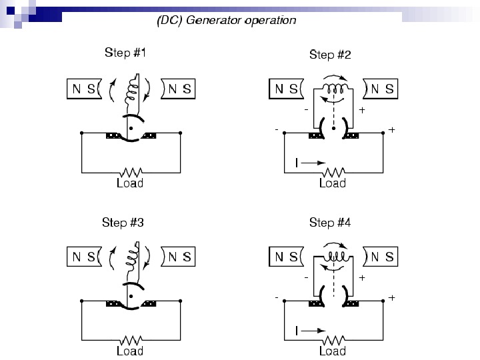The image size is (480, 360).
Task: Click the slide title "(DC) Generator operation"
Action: click(226, 20)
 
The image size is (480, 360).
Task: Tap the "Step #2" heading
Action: click(330, 55)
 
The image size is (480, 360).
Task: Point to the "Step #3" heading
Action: click(124, 222)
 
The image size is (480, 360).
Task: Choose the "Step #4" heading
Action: click(330, 222)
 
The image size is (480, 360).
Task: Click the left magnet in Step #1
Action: click(84, 89)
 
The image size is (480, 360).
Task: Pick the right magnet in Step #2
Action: click(381, 89)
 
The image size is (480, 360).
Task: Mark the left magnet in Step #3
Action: click(84, 256)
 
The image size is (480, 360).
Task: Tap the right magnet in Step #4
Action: click(381, 256)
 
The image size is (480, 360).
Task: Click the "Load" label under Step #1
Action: click(130, 183)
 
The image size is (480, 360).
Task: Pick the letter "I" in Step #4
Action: click(296, 329)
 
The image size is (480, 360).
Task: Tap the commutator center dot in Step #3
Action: click(131, 295)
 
